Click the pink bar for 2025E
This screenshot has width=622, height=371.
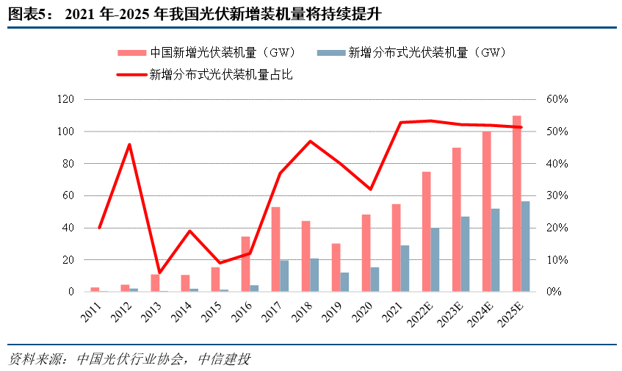516,203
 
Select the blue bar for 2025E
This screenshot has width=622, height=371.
525,247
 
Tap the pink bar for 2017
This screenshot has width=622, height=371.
275,250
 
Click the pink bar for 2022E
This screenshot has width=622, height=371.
426,231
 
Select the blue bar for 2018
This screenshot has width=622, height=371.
314,275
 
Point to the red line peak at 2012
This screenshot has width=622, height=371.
129,145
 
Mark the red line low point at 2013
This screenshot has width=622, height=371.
159,273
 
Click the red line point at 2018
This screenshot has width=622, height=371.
310,141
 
